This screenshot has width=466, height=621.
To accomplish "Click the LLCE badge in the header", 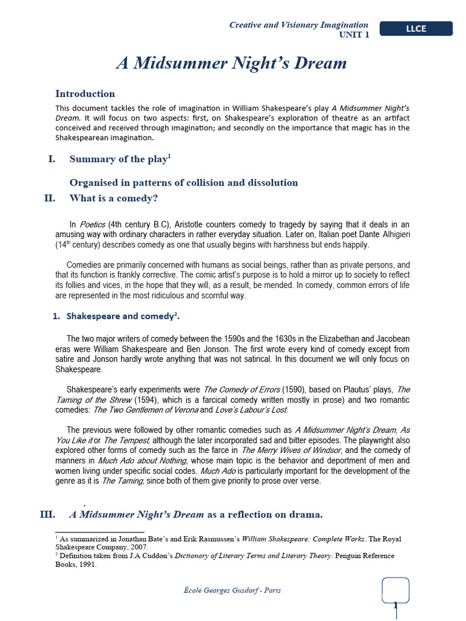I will pyautogui.click(x=416, y=29).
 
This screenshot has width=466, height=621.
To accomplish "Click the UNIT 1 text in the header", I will pyautogui.click(x=353, y=35).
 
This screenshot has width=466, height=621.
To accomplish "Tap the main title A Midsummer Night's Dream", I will pyautogui.click(x=231, y=64).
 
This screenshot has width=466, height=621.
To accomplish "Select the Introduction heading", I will pyautogui.click(x=85, y=93).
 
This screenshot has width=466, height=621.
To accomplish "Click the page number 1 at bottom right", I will pyautogui.click(x=395, y=605).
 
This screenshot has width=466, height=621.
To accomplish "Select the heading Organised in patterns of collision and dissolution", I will pyautogui.click(x=184, y=183).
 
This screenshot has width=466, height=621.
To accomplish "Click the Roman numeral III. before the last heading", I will pyautogui.click(x=47, y=515).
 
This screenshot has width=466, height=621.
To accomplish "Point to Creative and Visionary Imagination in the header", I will pyautogui.click(x=299, y=25).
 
